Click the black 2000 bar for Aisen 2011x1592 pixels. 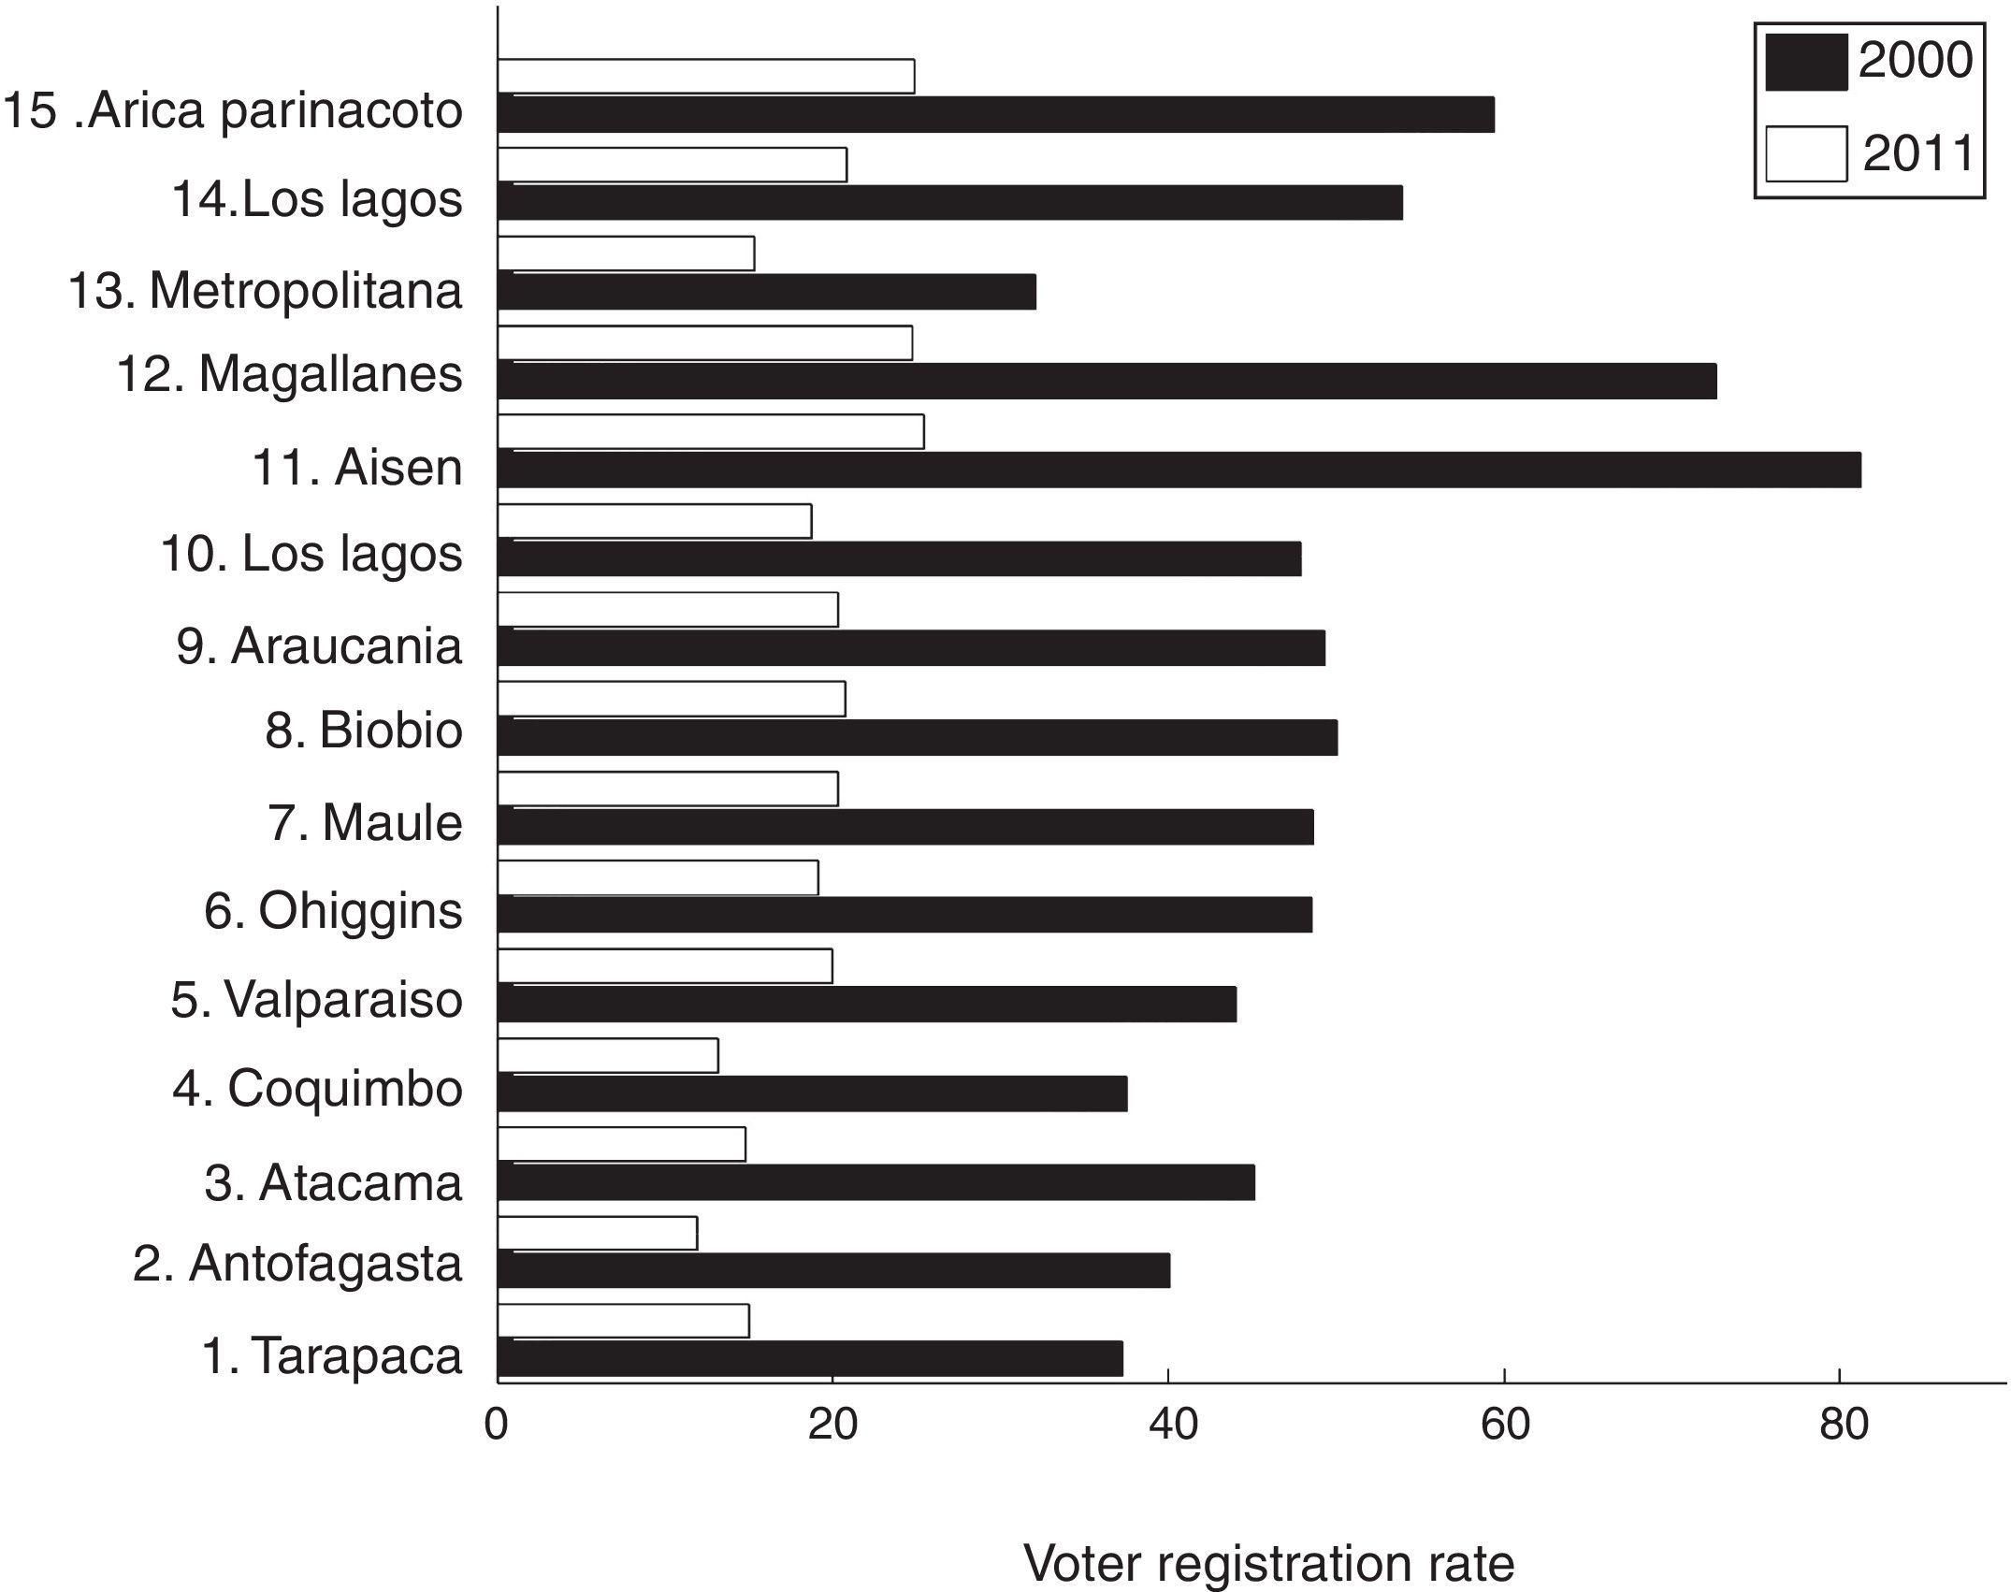(1179, 470)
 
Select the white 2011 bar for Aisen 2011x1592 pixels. (711, 432)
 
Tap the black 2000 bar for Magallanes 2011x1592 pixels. (1107, 381)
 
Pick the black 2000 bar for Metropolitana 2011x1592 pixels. (767, 291)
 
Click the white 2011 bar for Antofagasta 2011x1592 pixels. (598, 1233)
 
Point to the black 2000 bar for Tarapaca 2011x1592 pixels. (810, 1358)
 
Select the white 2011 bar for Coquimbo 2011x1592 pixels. (608, 1055)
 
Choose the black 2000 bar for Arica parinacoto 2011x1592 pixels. (996, 114)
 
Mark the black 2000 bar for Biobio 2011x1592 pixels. (918, 737)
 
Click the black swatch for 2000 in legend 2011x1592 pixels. (1805, 63)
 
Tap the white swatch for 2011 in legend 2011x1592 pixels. (1805, 153)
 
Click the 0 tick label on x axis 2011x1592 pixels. (497, 1425)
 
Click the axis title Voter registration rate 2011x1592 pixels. (1268, 1561)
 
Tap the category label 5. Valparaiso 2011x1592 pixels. (316, 999)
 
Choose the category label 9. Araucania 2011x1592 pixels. (319, 645)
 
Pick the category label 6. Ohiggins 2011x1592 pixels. (333, 910)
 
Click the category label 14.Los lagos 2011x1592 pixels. (316, 199)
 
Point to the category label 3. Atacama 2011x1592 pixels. (333, 1181)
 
